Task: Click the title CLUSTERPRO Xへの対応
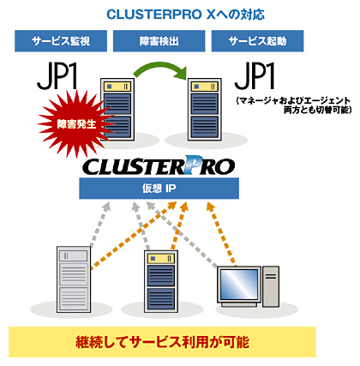pos(185,15)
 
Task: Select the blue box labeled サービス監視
pos(61,41)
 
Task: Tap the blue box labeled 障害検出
pos(159,41)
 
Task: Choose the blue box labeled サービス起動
pos(257,41)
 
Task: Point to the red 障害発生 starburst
pos(75,123)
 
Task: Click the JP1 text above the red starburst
pos(57,76)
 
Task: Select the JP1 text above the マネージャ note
pos(255,76)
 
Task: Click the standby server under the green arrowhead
pos(205,109)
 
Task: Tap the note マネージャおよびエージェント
pos(293,100)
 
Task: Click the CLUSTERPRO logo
pos(159,165)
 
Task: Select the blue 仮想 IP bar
pos(159,189)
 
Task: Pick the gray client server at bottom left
pos(74,279)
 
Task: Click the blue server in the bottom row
pos(161,281)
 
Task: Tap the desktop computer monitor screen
pos(239,284)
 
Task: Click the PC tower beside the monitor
pos(271,286)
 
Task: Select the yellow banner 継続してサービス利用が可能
pos(162,342)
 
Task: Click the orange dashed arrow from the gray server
pos(134,235)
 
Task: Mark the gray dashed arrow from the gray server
pos(100,224)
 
